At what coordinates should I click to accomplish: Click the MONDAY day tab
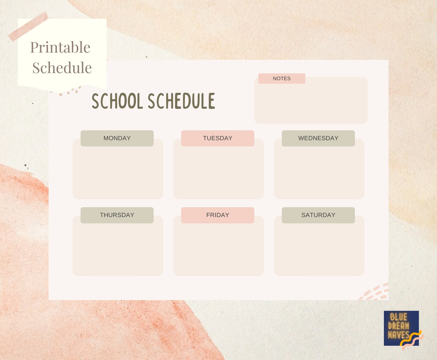click(117, 138)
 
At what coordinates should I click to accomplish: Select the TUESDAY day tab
click(217, 138)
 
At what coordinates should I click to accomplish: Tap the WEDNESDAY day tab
click(318, 138)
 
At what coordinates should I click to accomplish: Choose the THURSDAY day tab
click(117, 215)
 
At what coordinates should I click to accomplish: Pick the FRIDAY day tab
click(217, 215)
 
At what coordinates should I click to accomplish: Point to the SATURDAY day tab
click(318, 215)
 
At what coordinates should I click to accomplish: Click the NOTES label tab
click(282, 79)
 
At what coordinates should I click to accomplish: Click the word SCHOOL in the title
click(117, 101)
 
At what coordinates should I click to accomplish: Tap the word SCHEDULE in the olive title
click(182, 101)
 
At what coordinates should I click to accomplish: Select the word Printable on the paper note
click(60, 47)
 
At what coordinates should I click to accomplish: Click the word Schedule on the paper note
click(62, 68)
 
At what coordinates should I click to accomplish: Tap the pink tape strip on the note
click(28, 26)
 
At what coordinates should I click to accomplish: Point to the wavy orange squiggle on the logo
click(412, 340)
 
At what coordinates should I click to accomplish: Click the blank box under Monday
click(118, 174)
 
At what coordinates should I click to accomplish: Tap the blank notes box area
click(311, 105)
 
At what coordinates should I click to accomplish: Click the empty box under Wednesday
click(319, 174)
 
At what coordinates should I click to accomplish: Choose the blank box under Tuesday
click(218, 174)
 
